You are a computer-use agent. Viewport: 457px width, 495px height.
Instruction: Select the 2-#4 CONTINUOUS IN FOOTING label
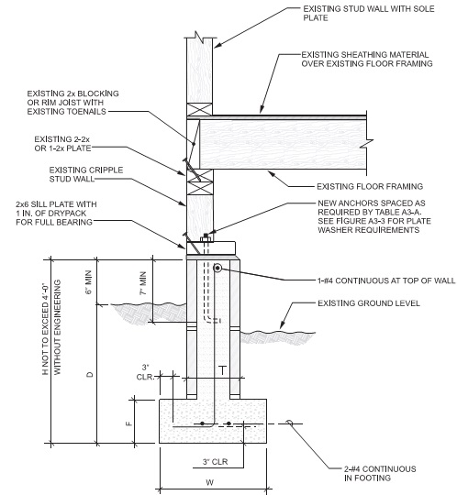pyautogui.click(x=373, y=473)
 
